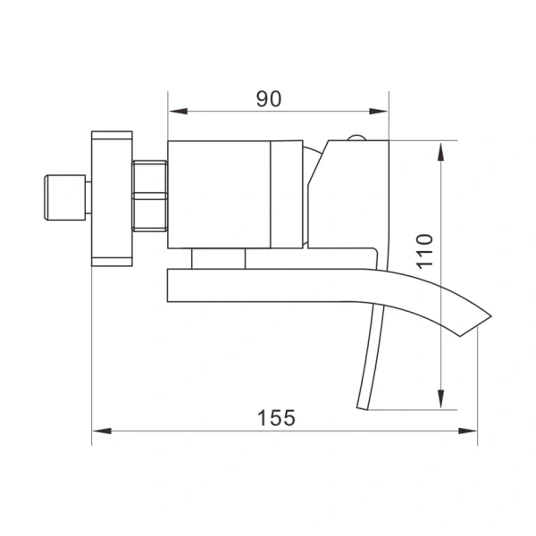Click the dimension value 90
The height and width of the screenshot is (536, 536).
click(x=268, y=98)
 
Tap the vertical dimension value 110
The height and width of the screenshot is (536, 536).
click(x=423, y=252)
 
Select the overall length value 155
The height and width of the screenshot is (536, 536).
click(x=275, y=417)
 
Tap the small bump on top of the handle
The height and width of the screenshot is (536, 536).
click(x=356, y=138)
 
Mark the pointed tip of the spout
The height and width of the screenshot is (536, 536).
click(x=490, y=314)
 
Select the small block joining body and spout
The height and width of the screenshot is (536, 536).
click(x=218, y=258)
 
